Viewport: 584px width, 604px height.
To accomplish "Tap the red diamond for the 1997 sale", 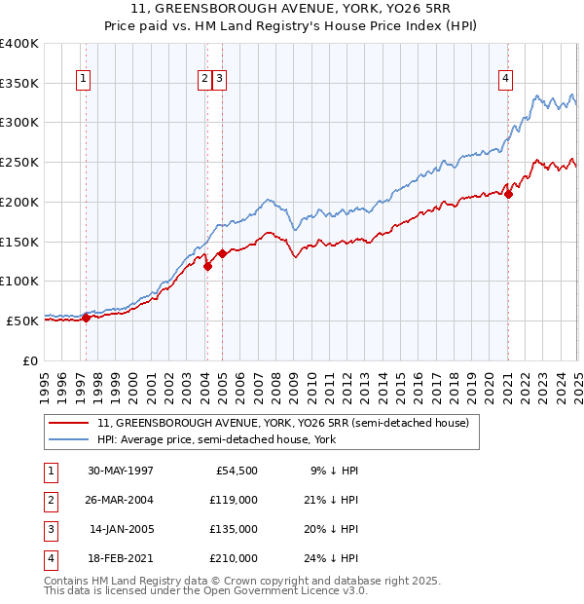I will [x=86, y=317].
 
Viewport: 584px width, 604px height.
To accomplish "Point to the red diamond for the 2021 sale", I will [x=509, y=195].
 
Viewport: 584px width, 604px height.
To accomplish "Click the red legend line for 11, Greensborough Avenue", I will [x=69, y=423].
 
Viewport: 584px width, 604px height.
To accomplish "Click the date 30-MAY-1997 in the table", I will [x=120, y=471].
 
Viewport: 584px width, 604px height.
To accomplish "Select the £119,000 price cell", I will [x=234, y=500].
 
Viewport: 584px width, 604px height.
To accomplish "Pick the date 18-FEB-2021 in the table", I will [x=120, y=558].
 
